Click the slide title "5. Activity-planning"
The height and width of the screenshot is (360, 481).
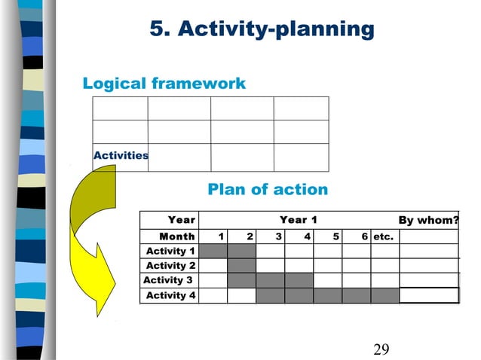point(262,29)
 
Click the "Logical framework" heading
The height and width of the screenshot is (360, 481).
point(164,83)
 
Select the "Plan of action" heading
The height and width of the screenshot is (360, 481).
point(268,189)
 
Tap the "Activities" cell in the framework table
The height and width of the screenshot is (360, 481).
point(121,155)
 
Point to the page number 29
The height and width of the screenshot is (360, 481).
point(381,348)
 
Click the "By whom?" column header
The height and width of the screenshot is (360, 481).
point(428,220)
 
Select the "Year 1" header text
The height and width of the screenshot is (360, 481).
point(298,220)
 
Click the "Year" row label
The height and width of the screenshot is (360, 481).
point(181,220)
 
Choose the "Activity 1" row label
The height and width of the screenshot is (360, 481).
point(170,251)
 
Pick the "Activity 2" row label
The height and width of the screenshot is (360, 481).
point(170,266)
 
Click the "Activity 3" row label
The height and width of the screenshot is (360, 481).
point(168,280)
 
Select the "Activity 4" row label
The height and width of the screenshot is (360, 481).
point(170,295)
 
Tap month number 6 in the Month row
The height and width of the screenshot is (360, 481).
point(364,236)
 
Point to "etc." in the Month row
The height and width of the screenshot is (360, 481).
point(384,236)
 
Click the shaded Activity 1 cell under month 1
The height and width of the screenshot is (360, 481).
point(213,251)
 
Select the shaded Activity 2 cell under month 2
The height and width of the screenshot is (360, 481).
point(242,266)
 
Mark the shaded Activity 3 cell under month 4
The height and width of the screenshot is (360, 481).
point(299,280)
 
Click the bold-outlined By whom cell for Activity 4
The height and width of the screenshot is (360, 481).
point(428,295)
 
